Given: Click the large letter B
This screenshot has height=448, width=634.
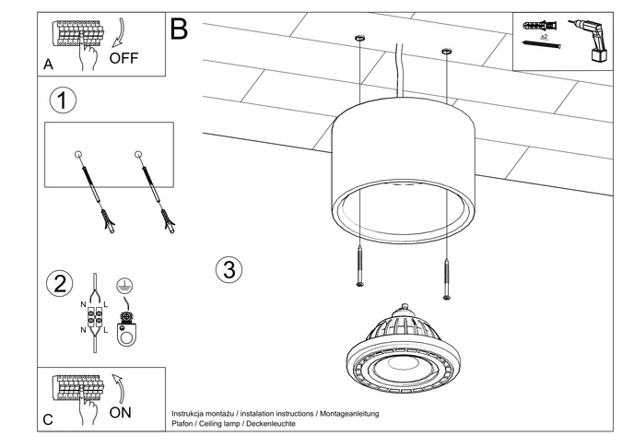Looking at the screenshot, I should click(179, 29).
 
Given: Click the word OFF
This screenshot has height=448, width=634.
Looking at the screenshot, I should click(123, 57).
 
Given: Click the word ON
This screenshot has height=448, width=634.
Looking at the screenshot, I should click(121, 412).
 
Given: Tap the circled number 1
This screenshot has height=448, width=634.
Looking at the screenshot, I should click(62, 100).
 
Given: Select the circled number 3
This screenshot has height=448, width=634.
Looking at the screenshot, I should click(229, 270).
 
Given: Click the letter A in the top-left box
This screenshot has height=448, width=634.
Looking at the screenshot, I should click(49, 65).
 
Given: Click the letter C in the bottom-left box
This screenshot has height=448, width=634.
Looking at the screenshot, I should click(49, 420).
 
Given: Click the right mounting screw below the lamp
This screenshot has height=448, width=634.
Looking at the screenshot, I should click(447, 277).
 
